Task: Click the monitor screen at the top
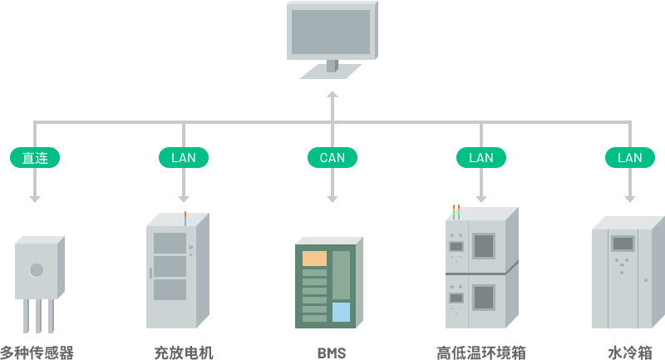[x=330, y=32]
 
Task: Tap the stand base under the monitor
[x=330, y=72]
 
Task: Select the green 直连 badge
[x=34, y=157]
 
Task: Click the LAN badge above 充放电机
[x=183, y=157]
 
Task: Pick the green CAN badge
[x=332, y=157]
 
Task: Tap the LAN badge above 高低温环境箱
[x=480, y=157]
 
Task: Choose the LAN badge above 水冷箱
[x=629, y=157]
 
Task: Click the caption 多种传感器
[x=37, y=353]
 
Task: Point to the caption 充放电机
[x=184, y=353]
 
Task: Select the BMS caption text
[x=331, y=353]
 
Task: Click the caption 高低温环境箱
[x=481, y=353]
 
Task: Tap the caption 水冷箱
[x=629, y=353]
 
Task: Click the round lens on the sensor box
[x=37, y=269]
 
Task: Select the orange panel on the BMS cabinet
[x=314, y=259]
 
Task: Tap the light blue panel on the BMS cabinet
[x=341, y=312]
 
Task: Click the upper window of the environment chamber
[x=484, y=245]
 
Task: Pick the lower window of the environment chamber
[x=484, y=297]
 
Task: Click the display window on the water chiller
[x=623, y=244]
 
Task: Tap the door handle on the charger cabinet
[x=150, y=273]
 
